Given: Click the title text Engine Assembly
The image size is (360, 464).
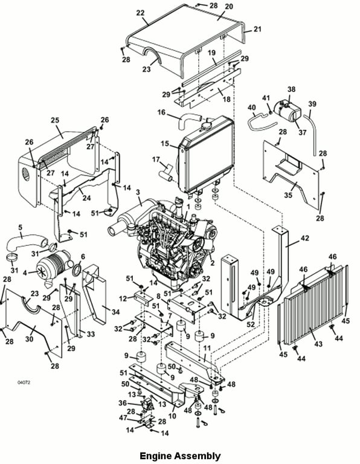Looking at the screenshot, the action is point(180,456).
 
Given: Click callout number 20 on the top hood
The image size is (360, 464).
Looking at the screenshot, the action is point(229,7).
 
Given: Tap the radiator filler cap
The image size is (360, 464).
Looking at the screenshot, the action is point(206,126).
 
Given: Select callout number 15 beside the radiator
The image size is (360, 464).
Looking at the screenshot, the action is point(165,144).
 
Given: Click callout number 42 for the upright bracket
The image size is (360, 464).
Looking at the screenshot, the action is point(304,238).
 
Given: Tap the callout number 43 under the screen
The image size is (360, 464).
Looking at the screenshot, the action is point(318,344).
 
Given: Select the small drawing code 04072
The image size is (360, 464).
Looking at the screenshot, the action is point(24,382).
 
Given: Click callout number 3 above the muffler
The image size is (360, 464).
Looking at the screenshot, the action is point(138,192).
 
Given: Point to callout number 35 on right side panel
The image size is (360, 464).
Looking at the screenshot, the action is point(288,195).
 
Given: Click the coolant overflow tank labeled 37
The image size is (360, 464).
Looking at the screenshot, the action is point(288,111).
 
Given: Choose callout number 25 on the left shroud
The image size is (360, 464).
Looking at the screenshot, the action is point(55,120).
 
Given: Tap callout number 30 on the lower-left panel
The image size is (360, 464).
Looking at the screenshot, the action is point(29,338).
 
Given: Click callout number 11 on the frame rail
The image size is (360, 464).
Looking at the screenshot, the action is point(207,348).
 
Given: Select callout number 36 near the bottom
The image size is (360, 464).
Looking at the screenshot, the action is point(123,403).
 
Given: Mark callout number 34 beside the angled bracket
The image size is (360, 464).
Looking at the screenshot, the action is point(115,312).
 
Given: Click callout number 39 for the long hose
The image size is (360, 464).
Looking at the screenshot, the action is point(312,104).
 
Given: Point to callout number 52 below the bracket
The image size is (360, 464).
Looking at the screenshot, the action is point(251,324).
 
